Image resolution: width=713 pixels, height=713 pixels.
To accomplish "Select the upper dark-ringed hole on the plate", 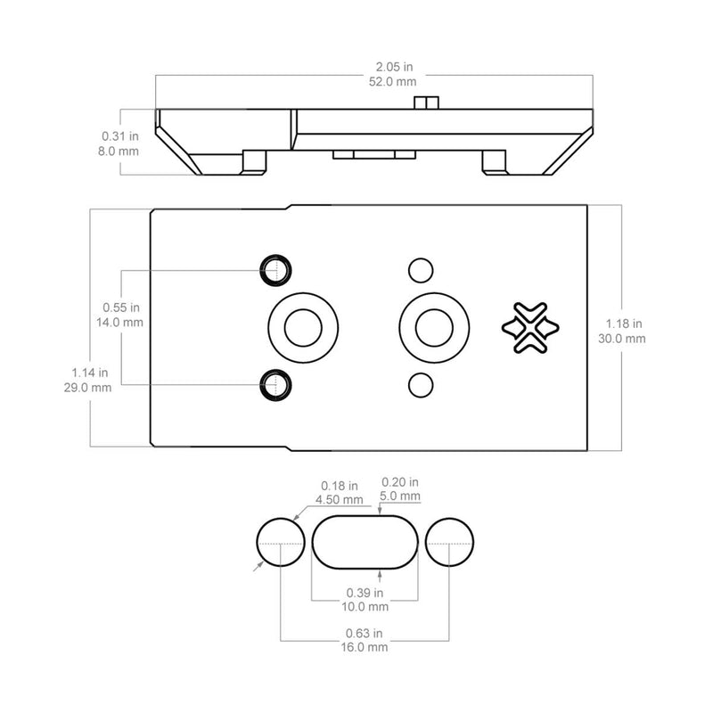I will tap(276, 268).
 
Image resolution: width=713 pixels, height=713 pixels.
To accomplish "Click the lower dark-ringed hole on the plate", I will tap(276, 384).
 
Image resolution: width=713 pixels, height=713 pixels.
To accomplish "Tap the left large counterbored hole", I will tap(302, 326).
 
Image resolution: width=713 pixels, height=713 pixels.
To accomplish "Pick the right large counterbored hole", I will tap(434, 326).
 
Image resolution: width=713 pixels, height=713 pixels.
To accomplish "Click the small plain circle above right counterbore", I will tap(419, 268).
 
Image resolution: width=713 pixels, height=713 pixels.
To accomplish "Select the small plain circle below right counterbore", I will tap(419, 384).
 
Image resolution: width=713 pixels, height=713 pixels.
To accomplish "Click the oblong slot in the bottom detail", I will tap(365, 541).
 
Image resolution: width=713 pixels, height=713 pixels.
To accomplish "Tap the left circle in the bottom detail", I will tap(281, 541).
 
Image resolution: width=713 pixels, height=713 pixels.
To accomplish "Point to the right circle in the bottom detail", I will tap(449, 541).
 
